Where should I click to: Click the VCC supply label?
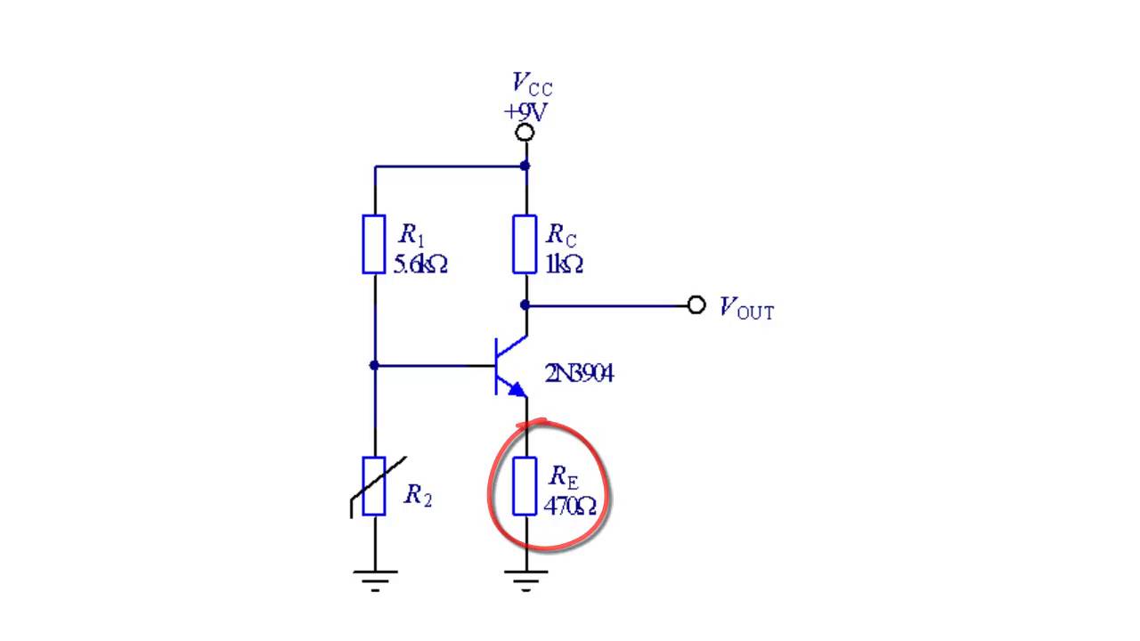pyautogui.click(x=532, y=84)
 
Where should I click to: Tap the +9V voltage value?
pyautogui.click(x=525, y=112)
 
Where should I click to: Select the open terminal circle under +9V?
pyautogui.click(x=525, y=133)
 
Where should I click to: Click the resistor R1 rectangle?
pyautogui.click(x=373, y=244)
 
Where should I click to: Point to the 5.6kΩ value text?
pyautogui.click(x=421, y=264)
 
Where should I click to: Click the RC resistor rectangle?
pyautogui.click(x=525, y=244)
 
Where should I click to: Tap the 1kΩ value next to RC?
pyautogui.click(x=564, y=264)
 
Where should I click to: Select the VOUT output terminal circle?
pyautogui.click(x=696, y=305)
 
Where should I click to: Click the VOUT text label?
pyautogui.click(x=746, y=308)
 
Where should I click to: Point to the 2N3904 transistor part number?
pyautogui.click(x=579, y=374)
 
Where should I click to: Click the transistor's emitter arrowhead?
pyautogui.click(x=517, y=390)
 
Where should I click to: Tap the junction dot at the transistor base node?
pyautogui.click(x=374, y=365)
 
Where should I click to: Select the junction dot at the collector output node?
pyautogui.click(x=525, y=305)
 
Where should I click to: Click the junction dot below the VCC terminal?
pyautogui.click(x=525, y=166)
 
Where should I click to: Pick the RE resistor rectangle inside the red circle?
pyautogui.click(x=525, y=486)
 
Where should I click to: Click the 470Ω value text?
pyautogui.click(x=570, y=507)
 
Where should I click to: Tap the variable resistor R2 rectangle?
pyautogui.click(x=373, y=486)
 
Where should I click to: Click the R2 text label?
pyautogui.click(x=418, y=495)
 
